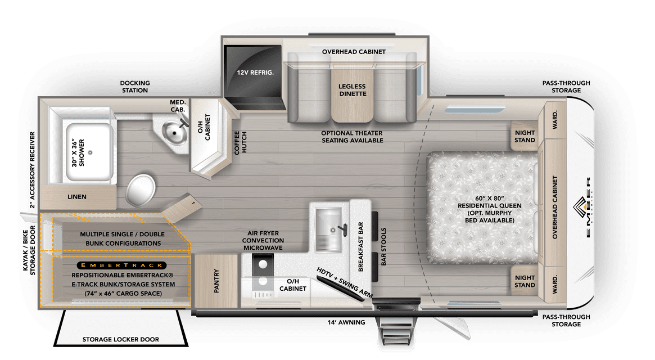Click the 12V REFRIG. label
click(x=252, y=72)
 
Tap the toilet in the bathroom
click(x=139, y=190)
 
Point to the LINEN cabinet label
click(x=77, y=197)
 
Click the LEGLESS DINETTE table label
click(x=352, y=90)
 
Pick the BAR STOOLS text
click(x=384, y=247)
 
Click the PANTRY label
click(x=216, y=281)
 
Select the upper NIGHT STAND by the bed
click(x=525, y=136)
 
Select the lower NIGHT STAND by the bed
click(x=525, y=281)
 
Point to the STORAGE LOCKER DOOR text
click(x=120, y=339)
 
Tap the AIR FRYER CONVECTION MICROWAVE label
click(x=263, y=240)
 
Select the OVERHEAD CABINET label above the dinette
click(x=354, y=52)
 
